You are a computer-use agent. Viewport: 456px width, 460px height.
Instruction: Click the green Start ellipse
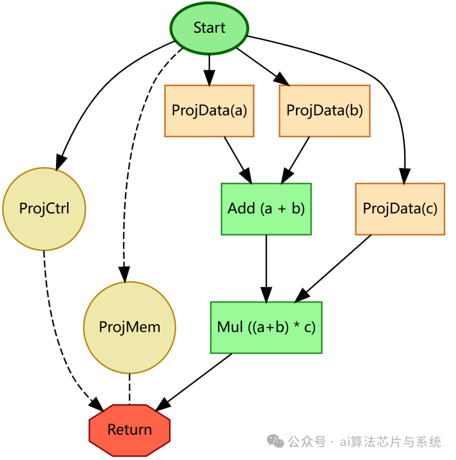click(209, 28)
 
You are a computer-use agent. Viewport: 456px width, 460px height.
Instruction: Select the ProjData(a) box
click(209, 110)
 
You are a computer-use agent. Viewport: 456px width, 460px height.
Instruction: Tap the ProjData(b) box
click(324, 110)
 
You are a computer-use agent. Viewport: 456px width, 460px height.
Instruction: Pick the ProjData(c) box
click(400, 209)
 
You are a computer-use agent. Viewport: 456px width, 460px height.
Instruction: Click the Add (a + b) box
click(266, 209)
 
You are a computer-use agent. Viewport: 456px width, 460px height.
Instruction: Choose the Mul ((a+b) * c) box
click(266, 327)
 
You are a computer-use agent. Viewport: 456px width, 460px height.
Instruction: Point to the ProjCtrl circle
click(44, 209)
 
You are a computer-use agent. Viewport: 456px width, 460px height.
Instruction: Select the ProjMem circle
click(129, 327)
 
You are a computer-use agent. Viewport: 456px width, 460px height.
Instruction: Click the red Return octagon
click(129, 430)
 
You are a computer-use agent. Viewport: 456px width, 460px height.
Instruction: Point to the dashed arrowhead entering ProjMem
click(124, 274)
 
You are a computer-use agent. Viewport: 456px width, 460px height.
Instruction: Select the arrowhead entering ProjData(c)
click(404, 176)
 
